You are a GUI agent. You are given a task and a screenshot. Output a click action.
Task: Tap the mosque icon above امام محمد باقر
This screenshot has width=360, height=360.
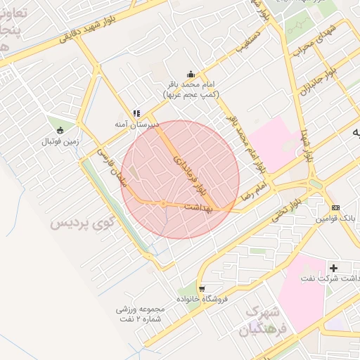point(191,74)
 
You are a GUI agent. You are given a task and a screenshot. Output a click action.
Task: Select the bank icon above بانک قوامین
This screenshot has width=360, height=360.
point(335,207)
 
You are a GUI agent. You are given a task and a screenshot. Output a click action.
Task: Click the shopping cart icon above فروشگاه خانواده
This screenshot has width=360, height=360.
point(202,289)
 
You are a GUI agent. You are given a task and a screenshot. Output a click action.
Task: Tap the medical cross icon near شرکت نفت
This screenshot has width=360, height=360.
point(333,268)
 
